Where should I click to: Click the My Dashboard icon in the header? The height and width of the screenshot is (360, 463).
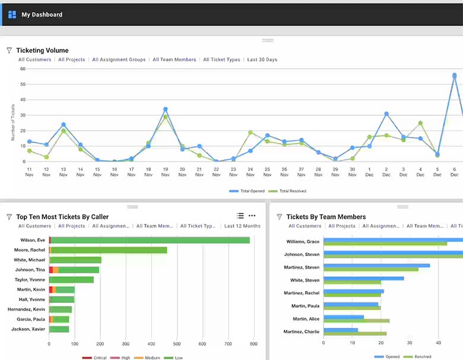tap(12, 14)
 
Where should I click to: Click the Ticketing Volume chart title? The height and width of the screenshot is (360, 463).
tap(42, 50)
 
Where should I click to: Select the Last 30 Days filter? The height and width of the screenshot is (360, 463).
tap(262, 59)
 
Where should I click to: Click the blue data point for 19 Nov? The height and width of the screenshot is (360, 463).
tap(165, 109)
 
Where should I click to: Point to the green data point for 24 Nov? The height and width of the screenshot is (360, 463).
tap(250, 132)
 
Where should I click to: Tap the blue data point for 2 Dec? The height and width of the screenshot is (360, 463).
tap(386, 113)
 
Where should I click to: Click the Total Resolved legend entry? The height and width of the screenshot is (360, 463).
tap(289, 191)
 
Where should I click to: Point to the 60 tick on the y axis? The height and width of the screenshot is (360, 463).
tap(23, 69)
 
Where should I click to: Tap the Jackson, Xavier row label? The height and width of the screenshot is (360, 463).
tap(28, 329)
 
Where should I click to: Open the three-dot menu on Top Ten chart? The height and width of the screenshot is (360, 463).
tap(252, 216)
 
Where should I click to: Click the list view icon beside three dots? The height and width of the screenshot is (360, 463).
tap(240, 216)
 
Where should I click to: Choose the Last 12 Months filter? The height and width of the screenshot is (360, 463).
tap(242, 226)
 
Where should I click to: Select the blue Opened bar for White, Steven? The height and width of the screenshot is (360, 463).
tap(363, 278)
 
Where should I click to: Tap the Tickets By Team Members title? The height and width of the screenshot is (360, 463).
tap(326, 217)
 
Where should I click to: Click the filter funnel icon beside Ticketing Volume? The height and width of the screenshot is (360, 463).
tap(9, 50)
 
